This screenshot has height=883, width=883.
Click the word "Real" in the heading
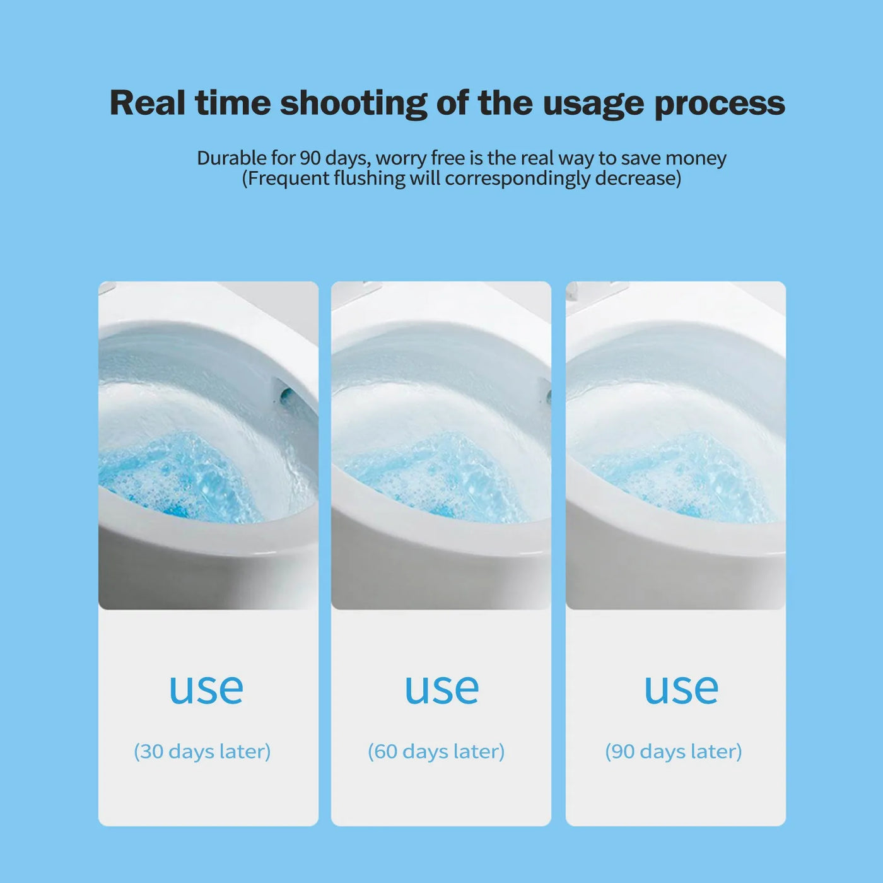147,102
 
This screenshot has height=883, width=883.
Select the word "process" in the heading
719,103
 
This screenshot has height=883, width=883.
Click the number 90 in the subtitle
309,158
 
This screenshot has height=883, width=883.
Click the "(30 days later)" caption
202,751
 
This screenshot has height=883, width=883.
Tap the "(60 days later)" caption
436,751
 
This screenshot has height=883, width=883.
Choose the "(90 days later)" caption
673,751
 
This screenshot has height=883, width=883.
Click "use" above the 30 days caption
206,689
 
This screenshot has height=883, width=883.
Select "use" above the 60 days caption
441,689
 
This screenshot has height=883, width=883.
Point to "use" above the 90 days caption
681,689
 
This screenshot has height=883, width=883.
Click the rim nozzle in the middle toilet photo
546,395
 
